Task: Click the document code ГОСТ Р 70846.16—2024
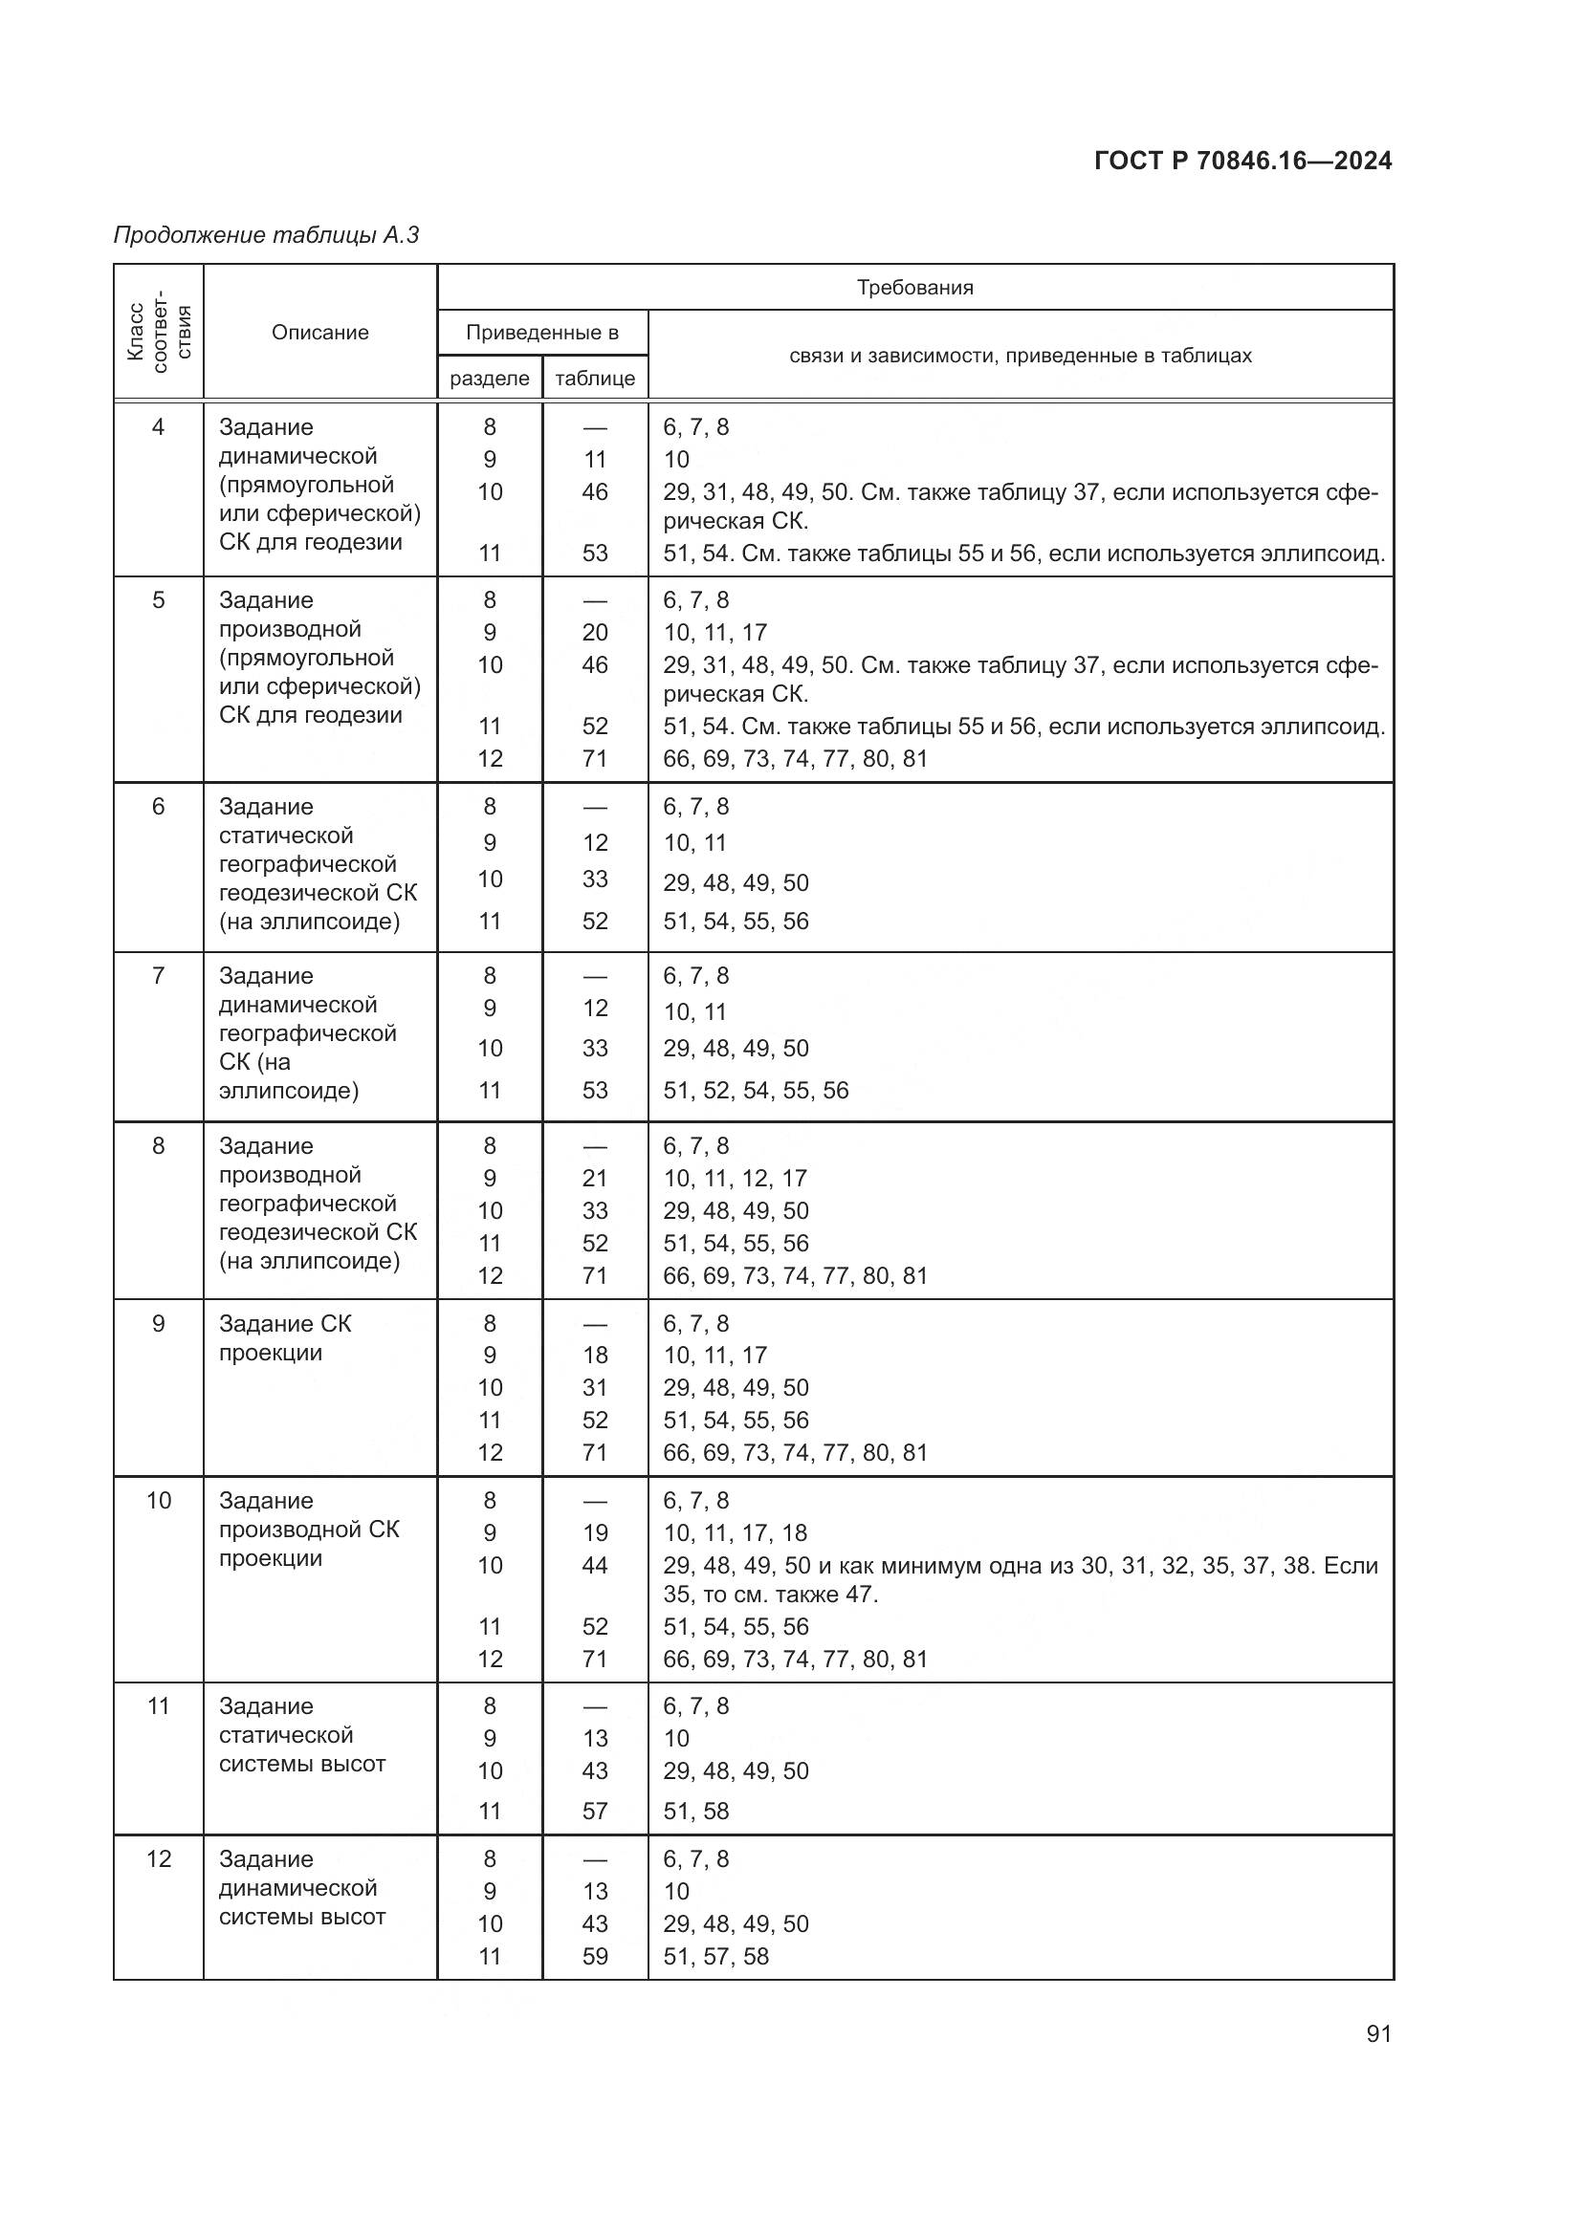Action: coord(1242,161)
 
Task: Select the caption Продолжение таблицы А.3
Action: coord(266,235)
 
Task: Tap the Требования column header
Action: coord(914,288)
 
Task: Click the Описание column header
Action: coord(319,332)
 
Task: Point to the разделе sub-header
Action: coord(489,378)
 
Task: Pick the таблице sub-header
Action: coord(594,378)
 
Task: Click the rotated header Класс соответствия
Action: coord(159,332)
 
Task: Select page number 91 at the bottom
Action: coord(1378,2033)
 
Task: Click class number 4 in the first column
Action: coord(159,426)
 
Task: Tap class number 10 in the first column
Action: coord(159,1501)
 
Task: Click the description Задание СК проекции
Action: coord(284,1338)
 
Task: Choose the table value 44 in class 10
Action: coord(594,1565)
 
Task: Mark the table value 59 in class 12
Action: coord(594,1956)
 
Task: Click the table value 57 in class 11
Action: coord(594,1811)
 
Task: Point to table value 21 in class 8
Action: coord(594,1179)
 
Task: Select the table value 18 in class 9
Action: coord(594,1355)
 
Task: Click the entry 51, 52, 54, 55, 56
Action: coord(756,1090)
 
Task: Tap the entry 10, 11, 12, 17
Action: coord(735,1179)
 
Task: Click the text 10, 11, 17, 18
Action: coord(735,1532)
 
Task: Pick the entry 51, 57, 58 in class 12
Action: coord(716,1956)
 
